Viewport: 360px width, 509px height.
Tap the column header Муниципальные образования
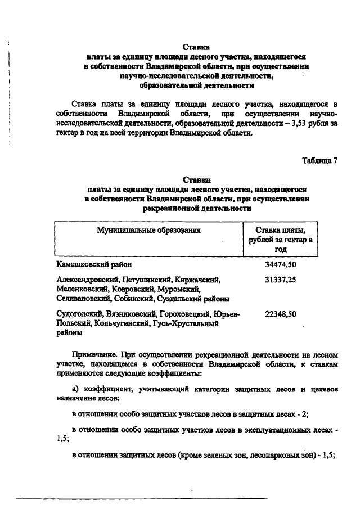[148, 230]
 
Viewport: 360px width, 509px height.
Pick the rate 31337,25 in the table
[281, 280]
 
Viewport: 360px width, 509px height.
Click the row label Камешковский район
[95, 263]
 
